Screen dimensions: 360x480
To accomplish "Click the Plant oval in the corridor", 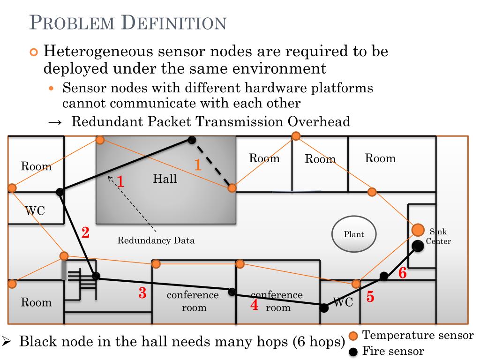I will click(x=354, y=234).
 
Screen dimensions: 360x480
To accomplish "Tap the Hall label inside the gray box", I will click(x=165, y=179).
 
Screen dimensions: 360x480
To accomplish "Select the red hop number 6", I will click(x=402, y=273).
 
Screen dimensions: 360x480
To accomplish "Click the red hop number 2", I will click(x=85, y=232).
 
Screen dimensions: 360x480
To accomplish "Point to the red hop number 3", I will click(x=142, y=293).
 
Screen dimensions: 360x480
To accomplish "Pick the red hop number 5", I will click(x=370, y=297).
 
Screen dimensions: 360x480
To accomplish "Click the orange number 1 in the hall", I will click(x=198, y=165).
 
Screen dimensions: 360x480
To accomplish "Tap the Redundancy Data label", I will click(x=156, y=241).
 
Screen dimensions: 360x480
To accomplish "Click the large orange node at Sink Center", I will click(x=418, y=230).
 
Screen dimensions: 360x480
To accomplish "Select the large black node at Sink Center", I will click(x=418, y=245).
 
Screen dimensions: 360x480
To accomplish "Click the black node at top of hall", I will click(x=191, y=140).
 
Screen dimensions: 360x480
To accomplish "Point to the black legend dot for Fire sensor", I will click(x=354, y=352).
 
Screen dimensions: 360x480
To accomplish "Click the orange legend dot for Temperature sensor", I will click(x=354, y=336).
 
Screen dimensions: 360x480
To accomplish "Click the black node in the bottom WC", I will click(x=324, y=307).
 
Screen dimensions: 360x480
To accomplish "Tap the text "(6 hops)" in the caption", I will click(x=318, y=341).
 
